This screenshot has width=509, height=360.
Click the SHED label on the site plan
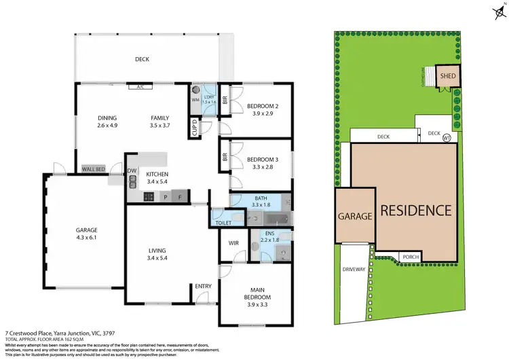448,75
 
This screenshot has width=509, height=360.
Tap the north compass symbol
497,10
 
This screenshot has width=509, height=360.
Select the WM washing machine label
195,100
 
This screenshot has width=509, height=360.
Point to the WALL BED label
93,169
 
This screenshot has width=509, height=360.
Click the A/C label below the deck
141,87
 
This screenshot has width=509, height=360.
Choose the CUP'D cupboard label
195,128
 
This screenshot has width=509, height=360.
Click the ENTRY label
203,287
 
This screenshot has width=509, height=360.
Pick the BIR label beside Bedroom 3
225,157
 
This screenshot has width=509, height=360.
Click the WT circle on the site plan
447,138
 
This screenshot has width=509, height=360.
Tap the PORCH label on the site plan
411,257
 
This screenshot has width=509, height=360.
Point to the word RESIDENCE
415,210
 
